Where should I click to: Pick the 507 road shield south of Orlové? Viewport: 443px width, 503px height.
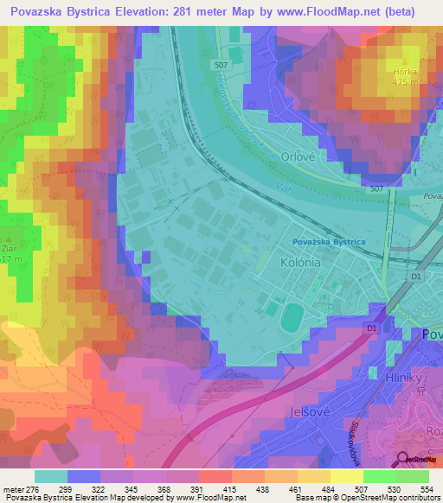(375, 188)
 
